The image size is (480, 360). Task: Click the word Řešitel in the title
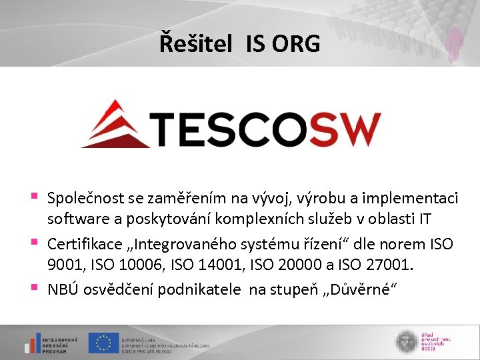[196, 43]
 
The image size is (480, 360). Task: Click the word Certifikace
[82, 244]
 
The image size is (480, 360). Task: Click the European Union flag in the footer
[104, 343]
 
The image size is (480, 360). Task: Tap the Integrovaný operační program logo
[50, 343]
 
